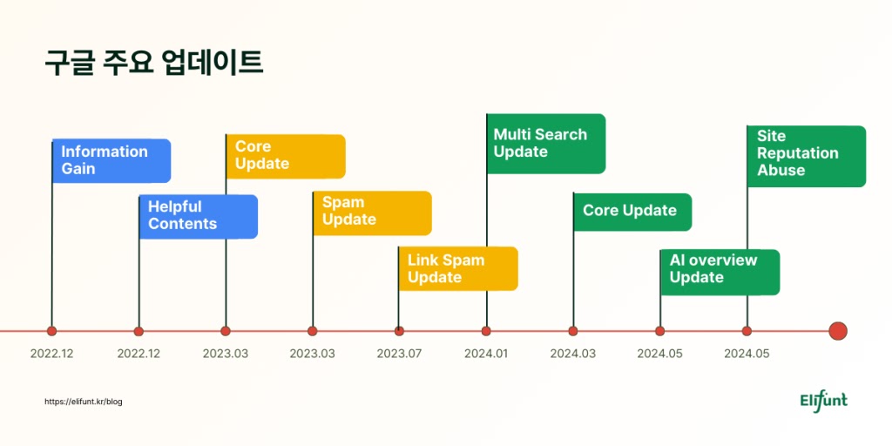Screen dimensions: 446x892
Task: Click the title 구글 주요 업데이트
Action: (153, 64)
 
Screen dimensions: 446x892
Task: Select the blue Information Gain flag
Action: (111, 160)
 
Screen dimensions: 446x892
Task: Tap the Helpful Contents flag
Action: (199, 216)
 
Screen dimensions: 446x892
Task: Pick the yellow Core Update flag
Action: (286, 156)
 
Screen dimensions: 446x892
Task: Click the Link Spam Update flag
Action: (458, 268)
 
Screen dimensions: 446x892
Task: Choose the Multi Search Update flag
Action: (546, 144)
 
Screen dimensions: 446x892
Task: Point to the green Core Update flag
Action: (632, 211)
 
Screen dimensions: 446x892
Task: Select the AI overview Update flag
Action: (720, 269)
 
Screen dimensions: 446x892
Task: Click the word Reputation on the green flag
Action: (797, 153)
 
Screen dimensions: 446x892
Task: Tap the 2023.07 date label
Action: (399, 354)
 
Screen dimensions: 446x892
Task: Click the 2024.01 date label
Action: (486, 354)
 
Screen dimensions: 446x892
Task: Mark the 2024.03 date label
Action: (572, 354)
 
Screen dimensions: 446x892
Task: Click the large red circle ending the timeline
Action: (838, 331)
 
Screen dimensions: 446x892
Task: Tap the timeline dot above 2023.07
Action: (399, 331)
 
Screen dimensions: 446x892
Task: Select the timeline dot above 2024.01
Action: (486, 331)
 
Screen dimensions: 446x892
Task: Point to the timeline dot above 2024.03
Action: (572, 331)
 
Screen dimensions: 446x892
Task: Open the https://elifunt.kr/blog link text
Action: (84, 402)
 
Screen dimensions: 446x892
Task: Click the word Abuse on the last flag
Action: (781, 171)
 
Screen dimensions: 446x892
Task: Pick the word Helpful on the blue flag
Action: (174, 207)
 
